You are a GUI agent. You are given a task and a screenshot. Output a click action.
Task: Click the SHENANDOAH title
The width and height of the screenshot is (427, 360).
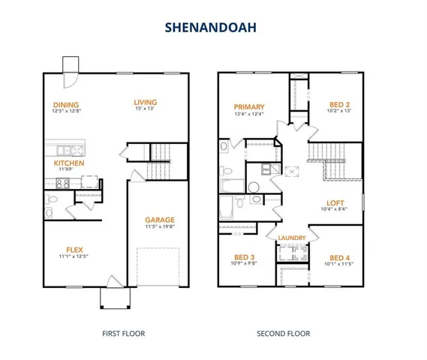coord(213,26)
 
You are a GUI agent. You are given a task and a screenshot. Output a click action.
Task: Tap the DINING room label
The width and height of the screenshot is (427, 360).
coord(66,104)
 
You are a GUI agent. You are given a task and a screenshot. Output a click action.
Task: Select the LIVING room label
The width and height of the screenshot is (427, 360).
coord(145,103)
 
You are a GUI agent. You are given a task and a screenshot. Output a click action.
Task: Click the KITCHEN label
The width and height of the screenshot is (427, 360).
coord(68,163)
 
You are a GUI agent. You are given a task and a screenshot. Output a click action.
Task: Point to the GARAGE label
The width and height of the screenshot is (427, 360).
coord(161,220)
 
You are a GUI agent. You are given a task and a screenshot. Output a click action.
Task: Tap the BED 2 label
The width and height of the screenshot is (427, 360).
coord(340,104)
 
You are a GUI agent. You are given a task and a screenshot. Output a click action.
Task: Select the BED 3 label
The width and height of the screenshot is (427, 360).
coord(245,256)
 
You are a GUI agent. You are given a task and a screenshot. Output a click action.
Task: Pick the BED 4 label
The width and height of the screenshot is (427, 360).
coord(340,256)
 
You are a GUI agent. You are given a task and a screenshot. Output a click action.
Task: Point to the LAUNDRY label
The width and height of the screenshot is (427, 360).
coord(292,238)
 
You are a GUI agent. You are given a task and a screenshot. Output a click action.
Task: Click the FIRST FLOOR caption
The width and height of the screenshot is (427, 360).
coord(123,334)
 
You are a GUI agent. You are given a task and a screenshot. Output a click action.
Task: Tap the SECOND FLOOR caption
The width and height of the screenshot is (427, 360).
coord(284,334)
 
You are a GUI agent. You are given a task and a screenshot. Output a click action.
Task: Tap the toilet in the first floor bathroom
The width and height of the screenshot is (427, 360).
coord(50,204)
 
